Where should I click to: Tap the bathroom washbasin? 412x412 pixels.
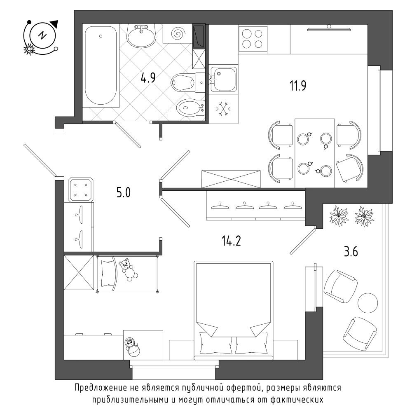[141, 36]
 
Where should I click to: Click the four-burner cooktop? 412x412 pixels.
[253, 39]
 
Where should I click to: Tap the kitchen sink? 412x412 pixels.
[223, 79]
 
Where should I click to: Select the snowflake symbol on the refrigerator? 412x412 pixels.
[223, 108]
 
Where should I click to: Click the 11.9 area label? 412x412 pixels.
[298, 86]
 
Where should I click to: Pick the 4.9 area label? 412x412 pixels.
[148, 78]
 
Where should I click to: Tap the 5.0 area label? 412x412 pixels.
[123, 192]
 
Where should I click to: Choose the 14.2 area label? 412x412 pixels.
[231, 241]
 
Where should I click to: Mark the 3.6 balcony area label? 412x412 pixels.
[351, 252]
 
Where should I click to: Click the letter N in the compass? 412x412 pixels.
[42, 35]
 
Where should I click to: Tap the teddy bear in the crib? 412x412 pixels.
[128, 269]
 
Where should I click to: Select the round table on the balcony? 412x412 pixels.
[368, 303]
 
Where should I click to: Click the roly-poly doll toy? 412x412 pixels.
[132, 346]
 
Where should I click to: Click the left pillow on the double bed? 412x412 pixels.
[215, 343]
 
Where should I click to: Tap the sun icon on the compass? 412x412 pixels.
[29, 49]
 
